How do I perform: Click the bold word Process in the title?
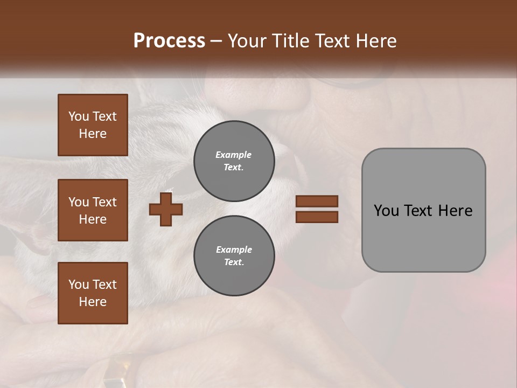pyautogui.click(x=169, y=41)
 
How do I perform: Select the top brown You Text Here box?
pyautogui.click(x=93, y=125)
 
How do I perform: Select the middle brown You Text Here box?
pyautogui.click(x=93, y=210)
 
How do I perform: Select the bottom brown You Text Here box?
pyautogui.click(x=93, y=293)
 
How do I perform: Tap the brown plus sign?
pyautogui.click(x=166, y=210)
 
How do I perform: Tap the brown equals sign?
pyautogui.click(x=317, y=209)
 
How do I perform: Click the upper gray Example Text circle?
pyautogui.click(x=234, y=161)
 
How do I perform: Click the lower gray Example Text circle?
pyautogui.click(x=234, y=256)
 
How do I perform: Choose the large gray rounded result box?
pyautogui.click(x=423, y=210)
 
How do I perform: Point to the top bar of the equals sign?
pyautogui.click(x=317, y=202)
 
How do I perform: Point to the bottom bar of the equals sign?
pyautogui.click(x=317, y=217)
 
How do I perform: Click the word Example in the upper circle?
pyautogui.click(x=234, y=155)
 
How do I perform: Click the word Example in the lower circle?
pyautogui.click(x=234, y=250)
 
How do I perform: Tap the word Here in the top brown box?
pyautogui.click(x=93, y=134)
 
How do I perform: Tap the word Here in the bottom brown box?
pyautogui.click(x=93, y=302)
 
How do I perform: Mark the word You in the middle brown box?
pyautogui.click(x=78, y=202)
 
